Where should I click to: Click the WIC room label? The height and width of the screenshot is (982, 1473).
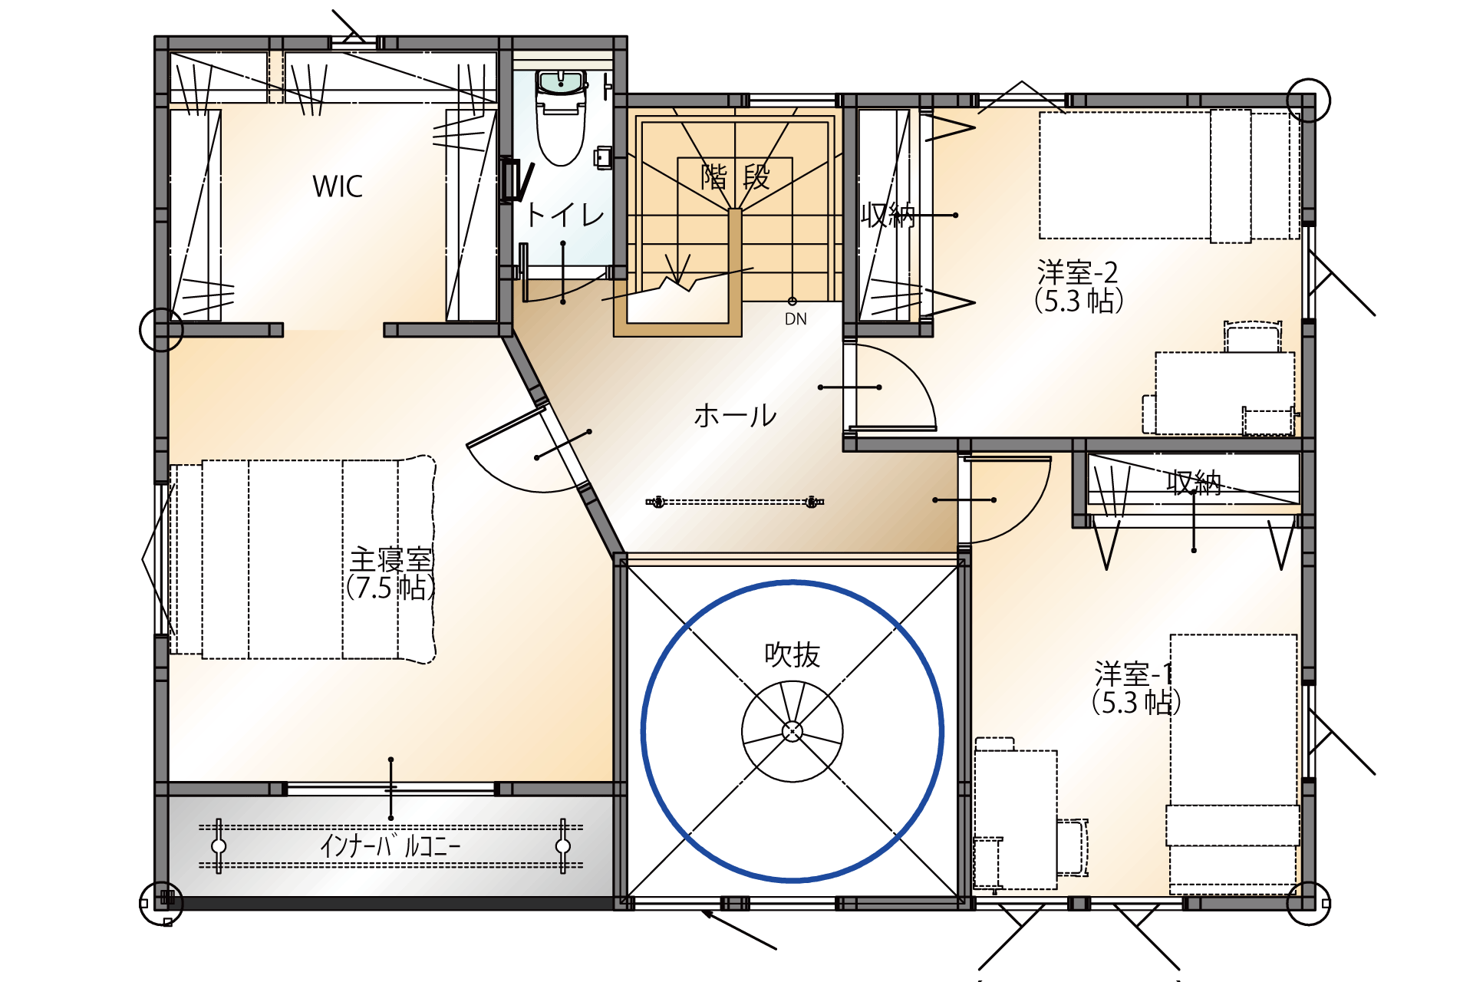tap(338, 186)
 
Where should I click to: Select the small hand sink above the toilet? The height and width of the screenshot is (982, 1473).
tap(561, 82)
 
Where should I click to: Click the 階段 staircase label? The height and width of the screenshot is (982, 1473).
tap(735, 177)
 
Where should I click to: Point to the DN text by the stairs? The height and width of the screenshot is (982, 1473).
tap(796, 319)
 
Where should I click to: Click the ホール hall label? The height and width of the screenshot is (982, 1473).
tap(735, 416)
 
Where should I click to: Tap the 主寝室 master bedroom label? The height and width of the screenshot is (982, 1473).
tap(391, 559)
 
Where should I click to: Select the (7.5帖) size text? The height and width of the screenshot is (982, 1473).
tap(390, 588)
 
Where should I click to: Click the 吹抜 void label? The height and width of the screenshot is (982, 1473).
tap(793, 655)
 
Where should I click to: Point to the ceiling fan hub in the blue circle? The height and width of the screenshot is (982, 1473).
tap(793, 731)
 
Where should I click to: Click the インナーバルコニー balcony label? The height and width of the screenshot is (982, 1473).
tap(390, 846)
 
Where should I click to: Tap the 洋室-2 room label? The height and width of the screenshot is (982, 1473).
tap(1078, 272)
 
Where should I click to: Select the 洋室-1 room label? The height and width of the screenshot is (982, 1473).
tap(1134, 674)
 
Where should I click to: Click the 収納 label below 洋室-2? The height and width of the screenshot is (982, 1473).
tap(1194, 483)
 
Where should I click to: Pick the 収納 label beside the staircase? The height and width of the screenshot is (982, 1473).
tap(888, 216)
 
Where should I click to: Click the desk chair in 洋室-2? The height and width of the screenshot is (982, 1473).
tap(1252, 337)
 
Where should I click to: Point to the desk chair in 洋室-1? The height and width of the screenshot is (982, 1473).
tap(1073, 847)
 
